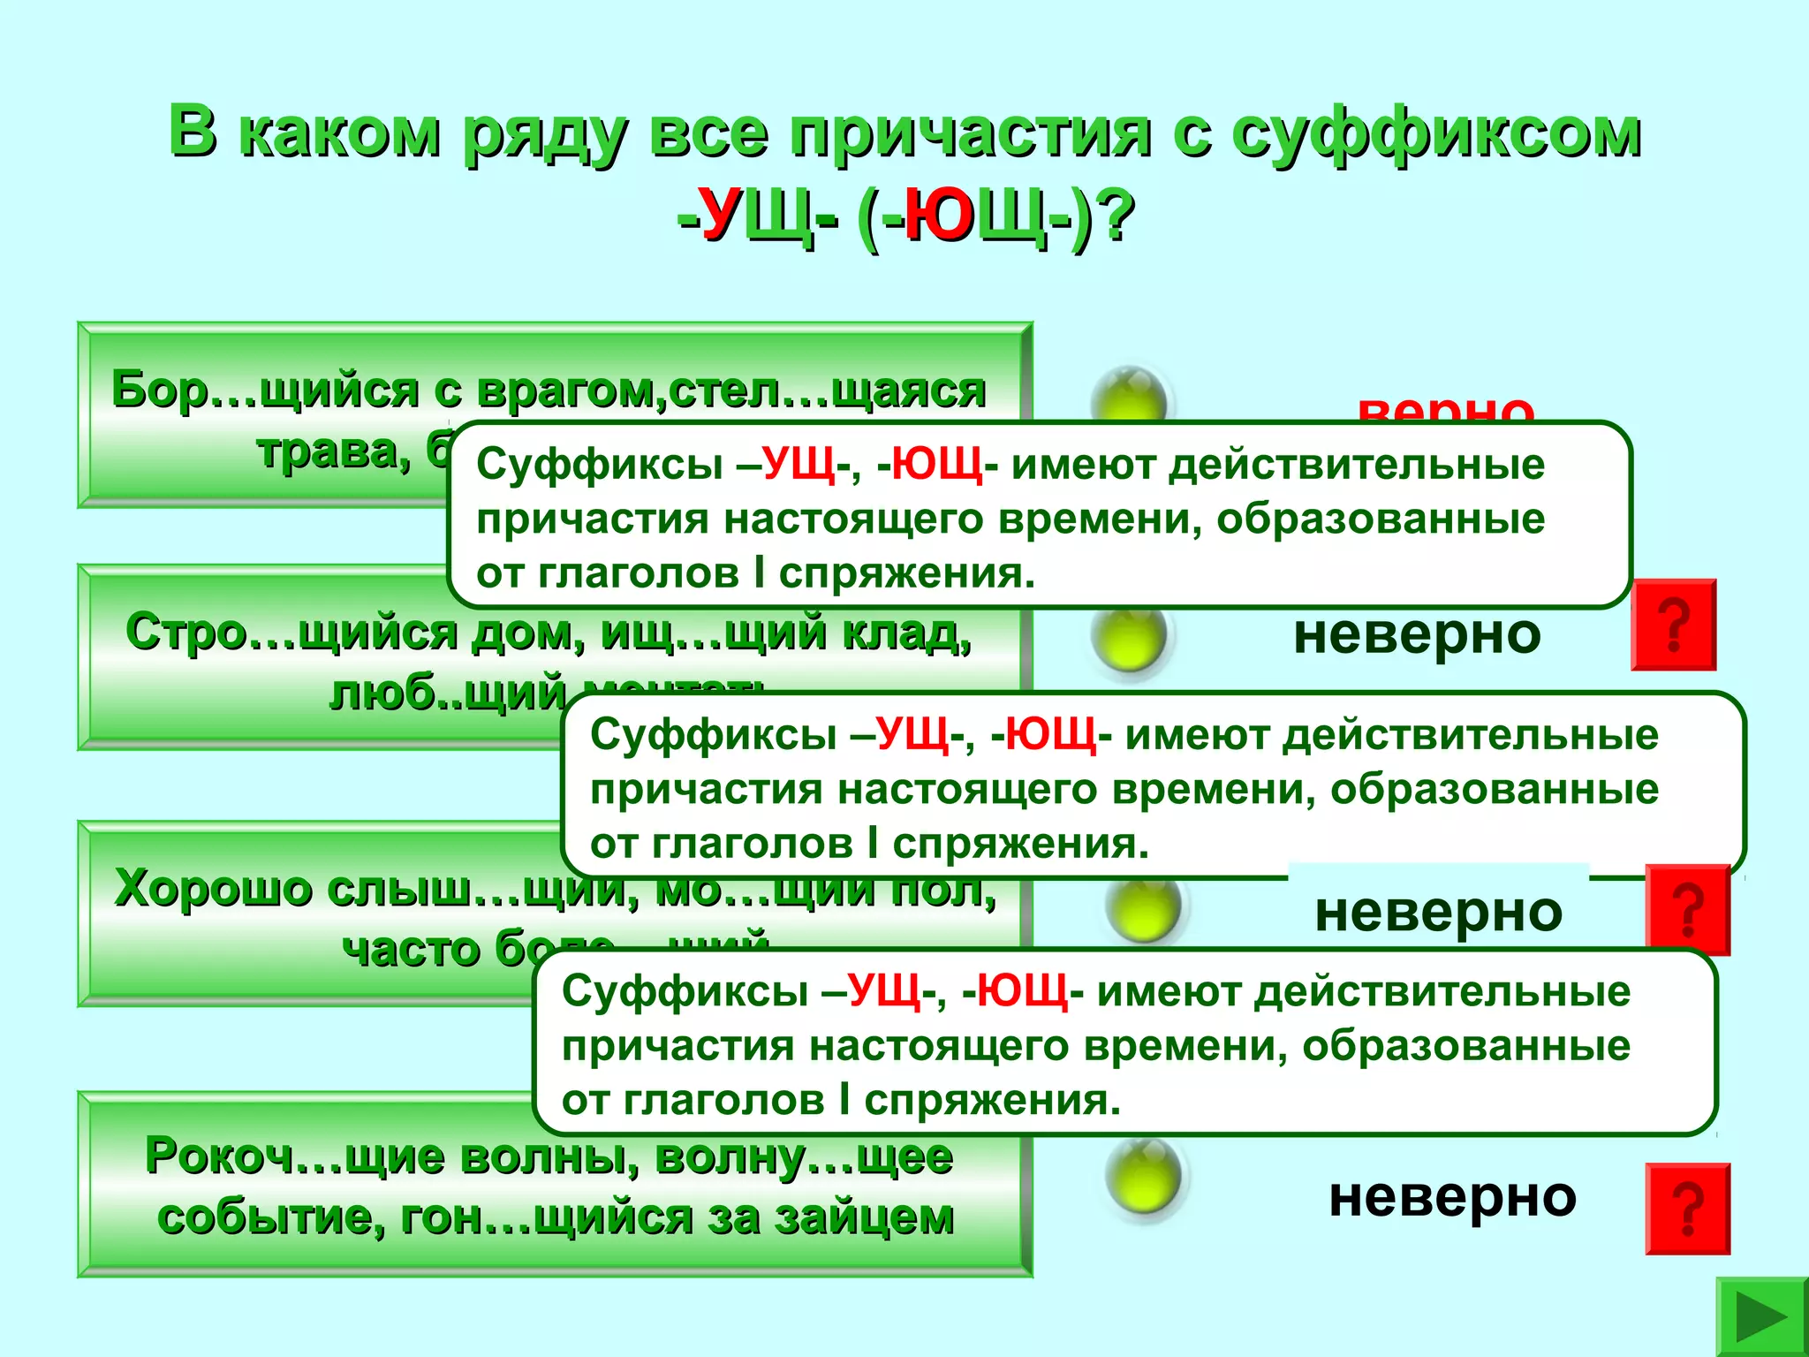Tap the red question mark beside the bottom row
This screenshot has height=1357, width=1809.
[1687, 1209]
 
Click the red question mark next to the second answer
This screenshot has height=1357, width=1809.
[1673, 625]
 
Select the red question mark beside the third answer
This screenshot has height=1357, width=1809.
[1687, 910]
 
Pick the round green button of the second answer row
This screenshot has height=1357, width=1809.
[1130, 634]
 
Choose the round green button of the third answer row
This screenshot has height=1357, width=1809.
[1144, 906]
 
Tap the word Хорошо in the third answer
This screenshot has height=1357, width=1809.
[212, 889]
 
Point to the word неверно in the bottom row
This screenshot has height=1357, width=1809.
[1452, 1198]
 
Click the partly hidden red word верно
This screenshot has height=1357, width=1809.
[1446, 408]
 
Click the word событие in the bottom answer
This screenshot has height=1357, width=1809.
[270, 1217]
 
